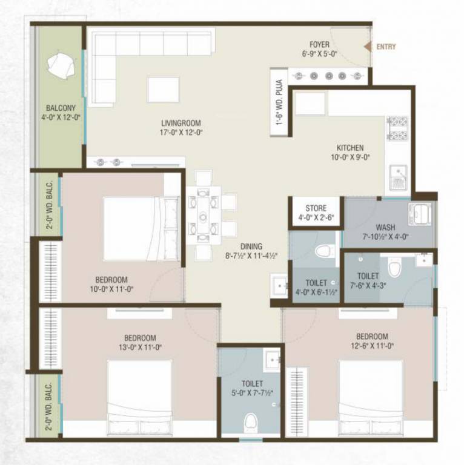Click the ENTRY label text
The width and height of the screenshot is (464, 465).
(386, 47)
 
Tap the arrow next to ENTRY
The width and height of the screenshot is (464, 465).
(368, 46)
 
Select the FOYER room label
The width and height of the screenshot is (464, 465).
(319, 45)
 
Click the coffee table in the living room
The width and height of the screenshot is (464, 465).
(163, 89)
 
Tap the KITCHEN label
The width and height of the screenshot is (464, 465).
(350, 148)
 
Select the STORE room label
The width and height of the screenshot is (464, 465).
(316, 209)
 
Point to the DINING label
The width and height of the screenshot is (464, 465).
(251, 246)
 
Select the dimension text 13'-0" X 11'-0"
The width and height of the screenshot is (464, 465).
(141, 347)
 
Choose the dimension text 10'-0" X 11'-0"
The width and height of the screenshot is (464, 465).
(111, 289)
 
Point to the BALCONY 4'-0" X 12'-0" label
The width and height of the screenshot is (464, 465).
(61, 113)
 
